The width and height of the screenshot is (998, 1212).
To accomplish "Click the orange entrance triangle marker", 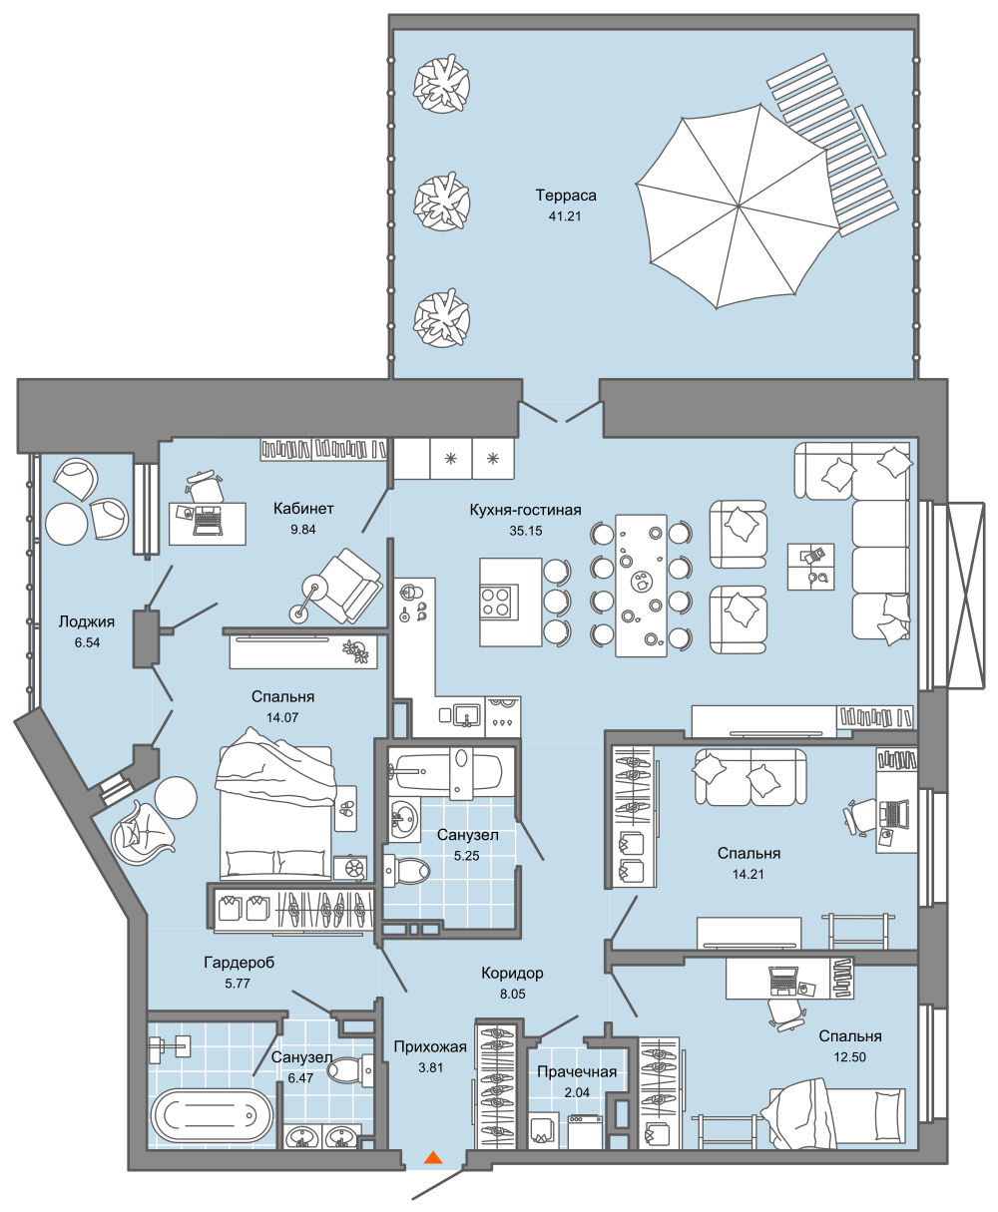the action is click(433, 1157).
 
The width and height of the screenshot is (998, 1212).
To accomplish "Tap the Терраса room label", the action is click(566, 196).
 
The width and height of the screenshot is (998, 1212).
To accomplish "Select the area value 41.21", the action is click(565, 216).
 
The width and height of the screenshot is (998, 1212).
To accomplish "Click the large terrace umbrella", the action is click(738, 205).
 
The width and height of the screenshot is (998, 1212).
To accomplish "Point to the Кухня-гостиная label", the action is click(525, 510).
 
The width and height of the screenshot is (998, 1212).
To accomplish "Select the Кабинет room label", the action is click(303, 509).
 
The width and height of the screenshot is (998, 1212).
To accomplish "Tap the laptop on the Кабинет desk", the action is click(207, 521).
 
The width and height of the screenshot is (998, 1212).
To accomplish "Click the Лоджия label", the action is click(87, 621).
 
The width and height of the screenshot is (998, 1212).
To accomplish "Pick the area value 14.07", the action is click(282, 717).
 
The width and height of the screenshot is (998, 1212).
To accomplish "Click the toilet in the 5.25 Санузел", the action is click(406, 871).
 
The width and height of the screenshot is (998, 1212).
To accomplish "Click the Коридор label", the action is click(512, 973).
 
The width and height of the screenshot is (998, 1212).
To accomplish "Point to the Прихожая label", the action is click(430, 1047).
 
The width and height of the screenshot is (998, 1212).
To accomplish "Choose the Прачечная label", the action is click(577, 1071).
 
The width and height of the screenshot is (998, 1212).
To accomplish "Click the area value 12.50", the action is click(849, 1056).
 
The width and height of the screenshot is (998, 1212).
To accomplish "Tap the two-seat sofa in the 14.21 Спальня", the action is click(750, 777).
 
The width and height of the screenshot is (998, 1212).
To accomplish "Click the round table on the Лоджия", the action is click(67, 524).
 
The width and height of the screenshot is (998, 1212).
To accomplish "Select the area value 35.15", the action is click(525, 531).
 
